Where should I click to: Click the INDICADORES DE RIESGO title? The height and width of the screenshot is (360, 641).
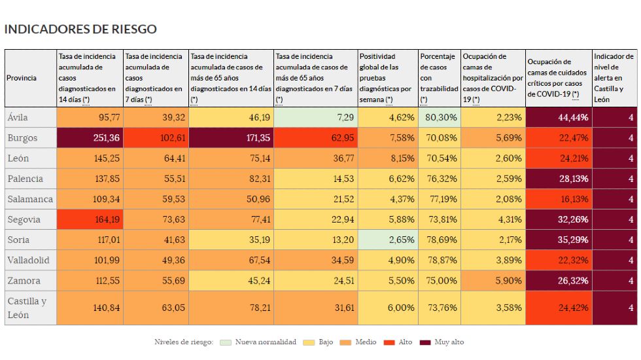[80, 29]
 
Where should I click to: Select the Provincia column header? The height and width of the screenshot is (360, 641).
[22, 79]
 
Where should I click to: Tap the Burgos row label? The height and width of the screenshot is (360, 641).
[22, 138]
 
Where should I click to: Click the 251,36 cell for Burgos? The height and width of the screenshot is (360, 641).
[90, 138]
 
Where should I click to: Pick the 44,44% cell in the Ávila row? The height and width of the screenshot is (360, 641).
[559, 118]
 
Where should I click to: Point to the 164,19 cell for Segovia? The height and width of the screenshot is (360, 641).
[90, 219]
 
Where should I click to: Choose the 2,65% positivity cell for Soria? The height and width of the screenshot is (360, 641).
[387, 240]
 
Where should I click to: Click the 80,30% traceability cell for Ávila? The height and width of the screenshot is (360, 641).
[439, 118]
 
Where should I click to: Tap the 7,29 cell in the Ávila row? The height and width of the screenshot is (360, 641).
[315, 118]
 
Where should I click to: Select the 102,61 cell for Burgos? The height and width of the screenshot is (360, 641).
[156, 138]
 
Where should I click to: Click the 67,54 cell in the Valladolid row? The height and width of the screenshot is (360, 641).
[230, 260]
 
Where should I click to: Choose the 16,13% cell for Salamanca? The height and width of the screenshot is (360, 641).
[559, 199]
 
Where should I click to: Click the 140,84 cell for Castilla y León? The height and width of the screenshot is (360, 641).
[90, 308]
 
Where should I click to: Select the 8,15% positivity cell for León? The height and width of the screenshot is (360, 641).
[387, 158]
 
